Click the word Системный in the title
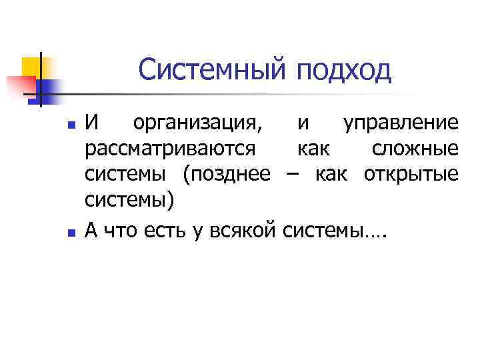click(212, 70)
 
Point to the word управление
click(400, 123)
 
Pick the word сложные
click(415, 149)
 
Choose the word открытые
click(411, 174)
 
